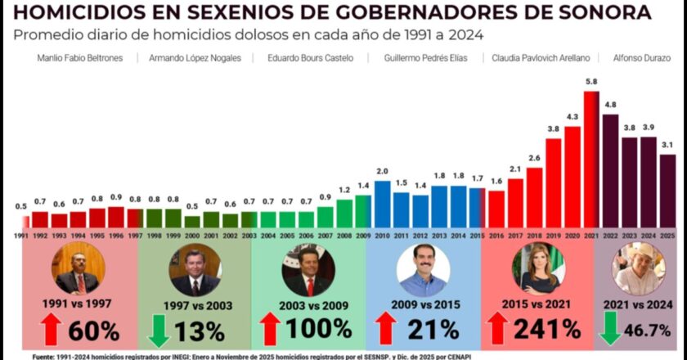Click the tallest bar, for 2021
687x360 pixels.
(x=591, y=160)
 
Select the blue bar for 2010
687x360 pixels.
(x=382, y=205)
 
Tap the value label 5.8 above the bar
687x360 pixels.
(x=591, y=83)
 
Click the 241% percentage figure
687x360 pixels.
(x=547, y=329)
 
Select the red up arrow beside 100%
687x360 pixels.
(x=268, y=329)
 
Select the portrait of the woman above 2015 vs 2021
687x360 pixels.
(x=537, y=269)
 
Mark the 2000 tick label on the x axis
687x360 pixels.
(x=191, y=236)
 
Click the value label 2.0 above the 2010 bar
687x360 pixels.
(x=382, y=172)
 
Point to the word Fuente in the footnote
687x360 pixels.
(x=47, y=356)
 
